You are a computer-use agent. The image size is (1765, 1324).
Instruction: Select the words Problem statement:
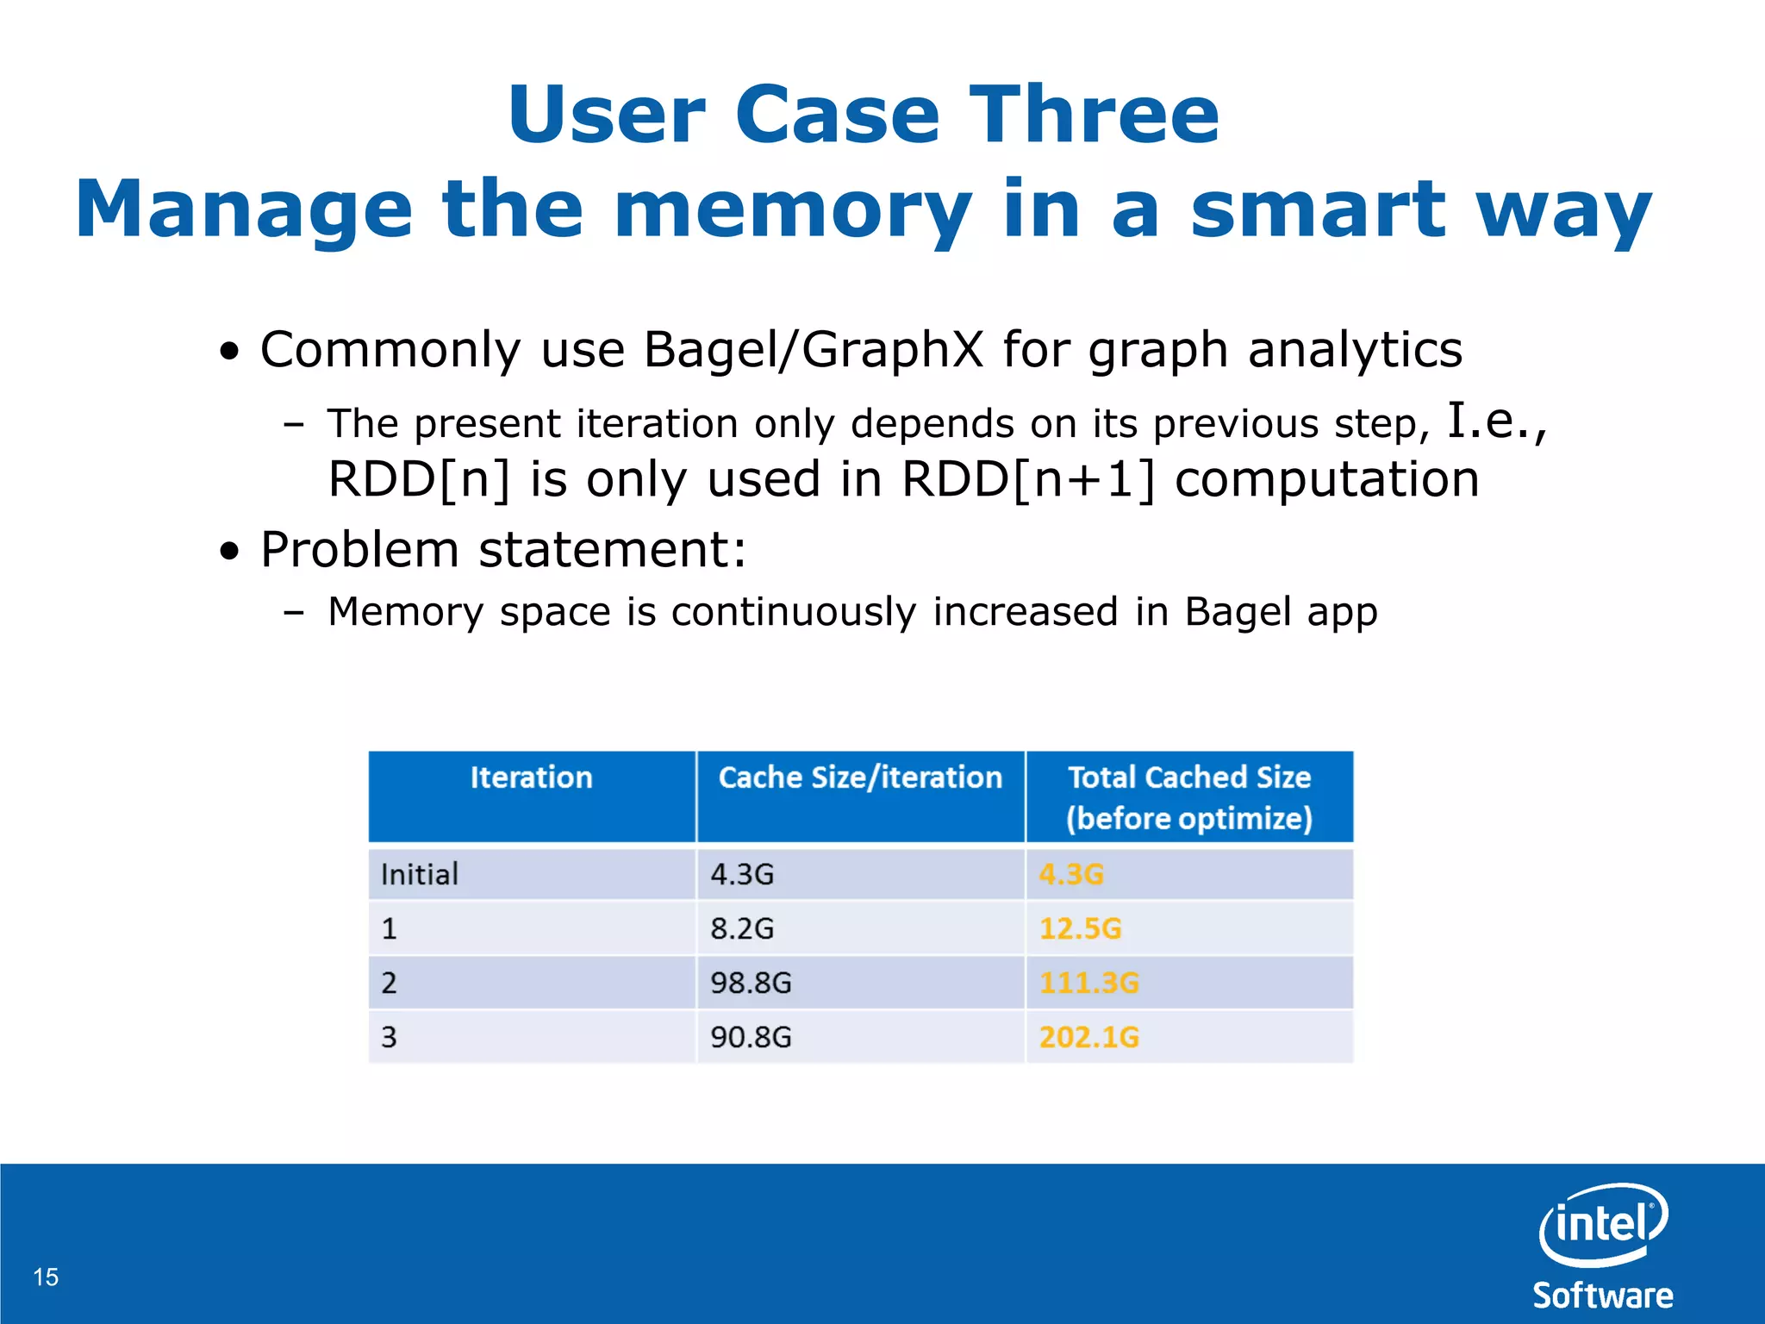[x=503, y=550]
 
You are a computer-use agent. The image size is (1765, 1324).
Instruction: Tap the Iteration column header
[x=531, y=778]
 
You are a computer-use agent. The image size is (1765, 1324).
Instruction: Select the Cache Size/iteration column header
[x=860, y=778]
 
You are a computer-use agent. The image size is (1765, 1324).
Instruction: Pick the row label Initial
[x=420, y=875]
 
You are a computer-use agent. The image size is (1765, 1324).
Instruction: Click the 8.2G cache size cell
[x=742, y=928]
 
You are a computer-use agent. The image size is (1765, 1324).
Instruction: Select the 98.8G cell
[x=751, y=983]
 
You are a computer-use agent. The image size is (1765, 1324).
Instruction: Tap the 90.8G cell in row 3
[x=751, y=1037]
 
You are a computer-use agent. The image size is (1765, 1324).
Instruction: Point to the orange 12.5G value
[x=1080, y=928]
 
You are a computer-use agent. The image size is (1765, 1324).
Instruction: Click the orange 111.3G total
[x=1088, y=983]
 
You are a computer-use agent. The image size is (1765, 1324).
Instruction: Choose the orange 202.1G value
[x=1088, y=1037]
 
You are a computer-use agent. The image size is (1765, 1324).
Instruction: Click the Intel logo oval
[x=1602, y=1225]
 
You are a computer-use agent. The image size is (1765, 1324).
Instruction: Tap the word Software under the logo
[x=1602, y=1296]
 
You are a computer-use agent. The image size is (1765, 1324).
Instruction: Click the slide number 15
[x=46, y=1277]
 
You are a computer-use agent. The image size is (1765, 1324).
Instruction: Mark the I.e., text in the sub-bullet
[x=1496, y=422]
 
